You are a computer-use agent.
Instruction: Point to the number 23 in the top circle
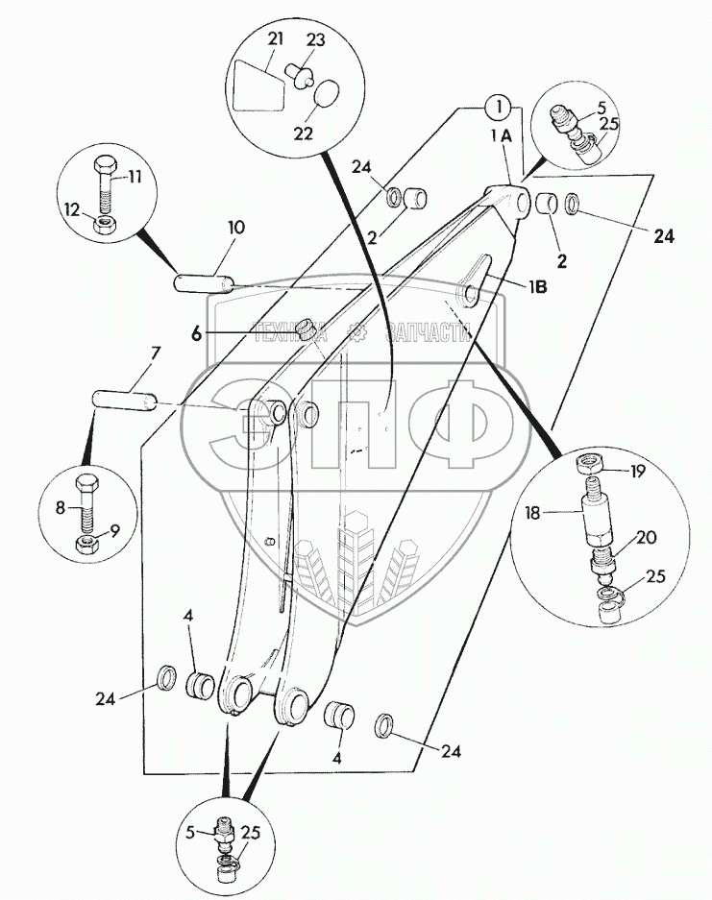316,41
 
